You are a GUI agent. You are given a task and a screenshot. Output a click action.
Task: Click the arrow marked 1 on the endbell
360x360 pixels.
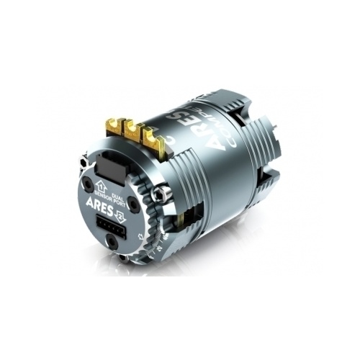click(102, 186)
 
